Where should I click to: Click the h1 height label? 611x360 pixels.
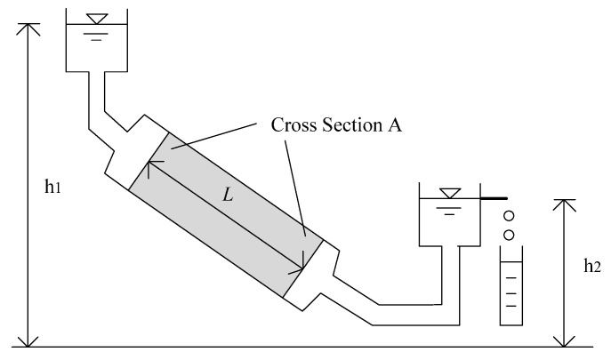tap(53, 189)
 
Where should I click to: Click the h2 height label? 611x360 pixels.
tap(591, 266)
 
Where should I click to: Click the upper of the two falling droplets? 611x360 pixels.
tap(509, 216)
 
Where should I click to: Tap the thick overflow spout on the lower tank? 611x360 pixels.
tap(494, 197)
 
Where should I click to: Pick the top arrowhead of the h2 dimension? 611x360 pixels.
tap(566, 204)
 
